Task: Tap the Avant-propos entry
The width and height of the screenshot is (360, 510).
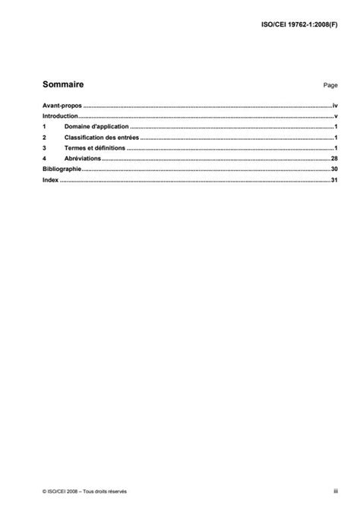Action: pyautogui.click(x=61, y=108)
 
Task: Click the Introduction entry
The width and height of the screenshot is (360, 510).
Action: pyautogui.click(x=61, y=118)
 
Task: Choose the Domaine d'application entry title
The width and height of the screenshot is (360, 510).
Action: pyautogui.click(x=97, y=128)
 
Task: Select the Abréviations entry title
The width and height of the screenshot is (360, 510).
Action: pyautogui.click(x=84, y=160)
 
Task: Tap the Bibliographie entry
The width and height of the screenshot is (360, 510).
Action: pyautogui.click(x=62, y=171)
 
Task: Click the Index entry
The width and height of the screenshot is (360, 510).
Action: pyautogui.click(x=50, y=182)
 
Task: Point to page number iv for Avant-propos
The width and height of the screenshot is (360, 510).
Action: pyautogui.click(x=334, y=108)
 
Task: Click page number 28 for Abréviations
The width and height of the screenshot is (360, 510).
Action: pyautogui.click(x=333, y=160)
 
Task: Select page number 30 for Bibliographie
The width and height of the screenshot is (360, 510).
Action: pyautogui.click(x=333, y=171)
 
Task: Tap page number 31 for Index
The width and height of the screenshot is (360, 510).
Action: pyautogui.click(x=333, y=182)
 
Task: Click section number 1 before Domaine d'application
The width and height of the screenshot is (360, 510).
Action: pyautogui.click(x=45, y=128)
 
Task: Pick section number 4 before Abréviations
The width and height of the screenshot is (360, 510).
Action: pyautogui.click(x=45, y=160)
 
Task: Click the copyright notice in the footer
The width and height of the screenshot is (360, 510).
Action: pyautogui.click(x=84, y=492)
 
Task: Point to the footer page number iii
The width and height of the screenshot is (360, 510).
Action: pyautogui.click(x=335, y=492)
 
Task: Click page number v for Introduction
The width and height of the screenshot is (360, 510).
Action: pyautogui.click(x=335, y=118)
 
